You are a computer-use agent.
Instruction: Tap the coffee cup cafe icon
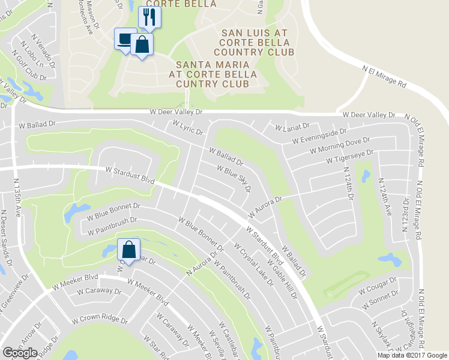click(x=125, y=39)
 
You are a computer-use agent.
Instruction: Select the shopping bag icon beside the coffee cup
click(x=141, y=44)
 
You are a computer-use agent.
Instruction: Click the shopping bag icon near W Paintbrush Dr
click(x=129, y=248)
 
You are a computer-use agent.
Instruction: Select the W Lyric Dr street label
click(x=188, y=127)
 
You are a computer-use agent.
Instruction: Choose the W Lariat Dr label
click(x=292, y=127)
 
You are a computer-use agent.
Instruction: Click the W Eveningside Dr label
click(x=319, y=136)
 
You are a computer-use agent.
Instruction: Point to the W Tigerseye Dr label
click(x=350, y=158)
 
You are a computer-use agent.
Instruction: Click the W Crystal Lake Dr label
click(x=253, y=264)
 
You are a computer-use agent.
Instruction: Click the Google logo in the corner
click(x=20, y=353)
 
